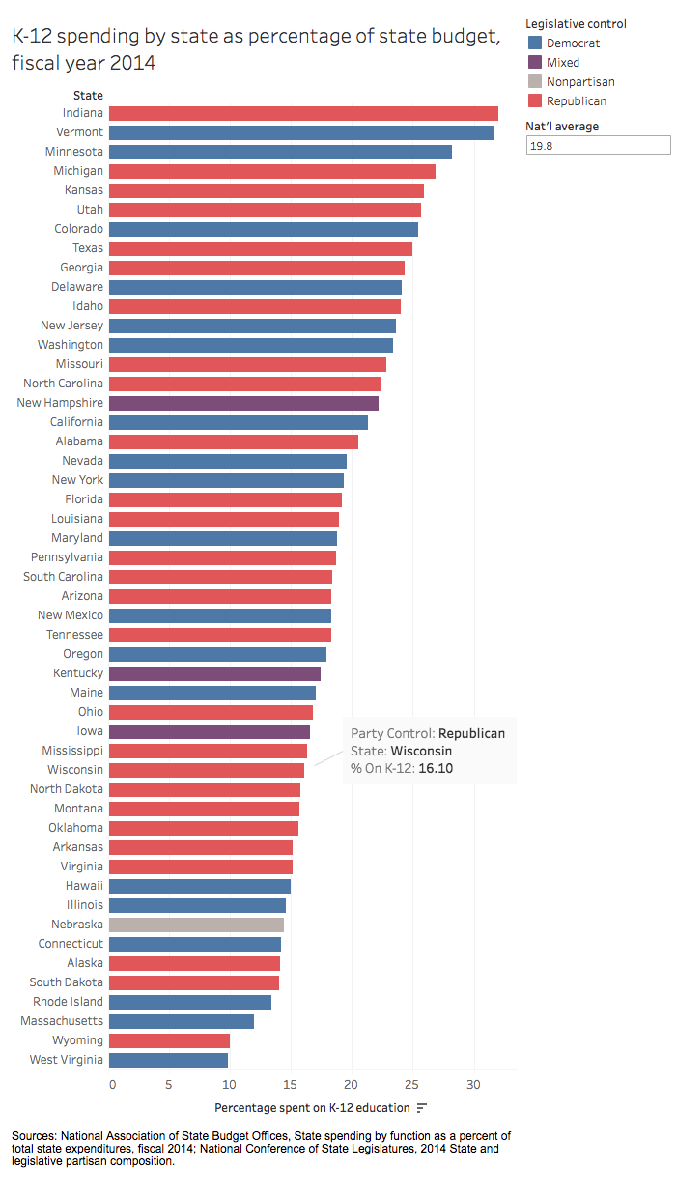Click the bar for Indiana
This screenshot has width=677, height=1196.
303,113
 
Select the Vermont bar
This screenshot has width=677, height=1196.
301,132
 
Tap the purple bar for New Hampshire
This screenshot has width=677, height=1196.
243,403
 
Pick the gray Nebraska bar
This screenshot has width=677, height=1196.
196,925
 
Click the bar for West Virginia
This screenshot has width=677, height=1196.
168,1060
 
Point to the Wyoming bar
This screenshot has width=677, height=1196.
169,1040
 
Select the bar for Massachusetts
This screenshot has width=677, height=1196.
182,1021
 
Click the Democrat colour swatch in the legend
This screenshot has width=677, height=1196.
534,43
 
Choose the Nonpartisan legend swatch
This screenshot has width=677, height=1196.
534,82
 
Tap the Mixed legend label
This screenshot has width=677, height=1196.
563,63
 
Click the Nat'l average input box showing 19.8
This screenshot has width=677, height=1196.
598,145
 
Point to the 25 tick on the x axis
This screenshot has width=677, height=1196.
412,1085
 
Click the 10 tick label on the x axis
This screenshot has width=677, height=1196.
230,1085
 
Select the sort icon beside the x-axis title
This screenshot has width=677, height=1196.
422,1107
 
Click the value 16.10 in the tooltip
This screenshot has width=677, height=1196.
436,769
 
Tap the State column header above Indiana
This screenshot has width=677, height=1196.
88,95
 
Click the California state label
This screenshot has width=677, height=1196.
77,422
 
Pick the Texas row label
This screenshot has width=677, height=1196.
88,248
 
